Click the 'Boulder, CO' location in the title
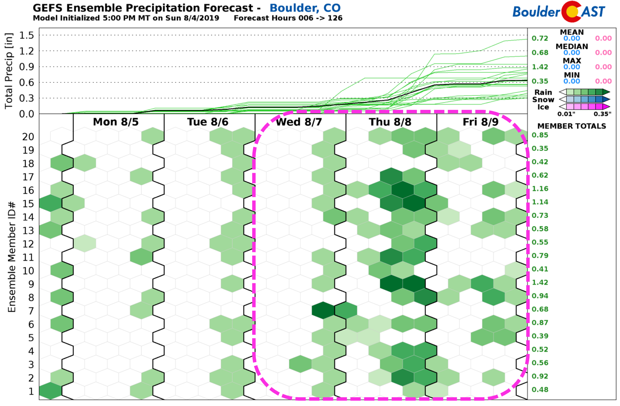coord(305,8)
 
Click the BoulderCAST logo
coord(559,12)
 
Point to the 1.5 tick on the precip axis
coord(27,35)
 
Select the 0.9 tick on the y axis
coord(27,67)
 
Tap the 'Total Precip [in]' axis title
coord(9,71)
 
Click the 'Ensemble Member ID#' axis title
coord(12,257)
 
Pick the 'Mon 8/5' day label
coord(116,122)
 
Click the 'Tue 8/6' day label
coord(208,122)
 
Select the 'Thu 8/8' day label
coord(390,122)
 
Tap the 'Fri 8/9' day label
coord(480,122)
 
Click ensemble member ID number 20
coord(28,137)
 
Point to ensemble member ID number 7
coord(31,311)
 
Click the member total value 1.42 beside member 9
coord(540,282)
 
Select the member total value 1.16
coord(540,189)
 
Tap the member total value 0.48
coord(540,390)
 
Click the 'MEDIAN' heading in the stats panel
coord(572,46)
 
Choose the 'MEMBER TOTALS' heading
coord(572,126)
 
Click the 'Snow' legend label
coord(543,100)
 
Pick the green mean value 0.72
coord(540,39)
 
